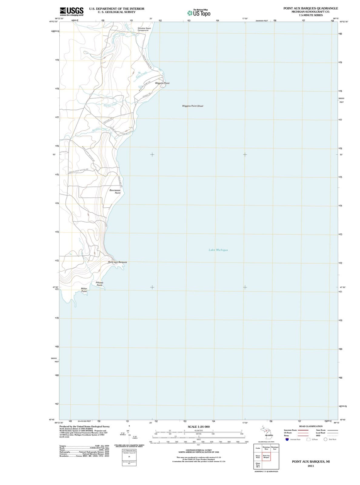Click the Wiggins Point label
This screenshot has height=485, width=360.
[x=162, y=83]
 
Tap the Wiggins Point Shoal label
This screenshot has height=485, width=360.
[x=192, y=106]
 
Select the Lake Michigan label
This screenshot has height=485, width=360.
[x=218, y=250]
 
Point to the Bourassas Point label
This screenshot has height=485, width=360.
[x=115, y=192]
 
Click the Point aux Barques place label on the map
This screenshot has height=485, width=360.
[x=118, y=262]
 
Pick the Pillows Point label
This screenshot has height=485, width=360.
[x=99, y=284]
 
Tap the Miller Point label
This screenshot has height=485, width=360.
[x=84, y=290]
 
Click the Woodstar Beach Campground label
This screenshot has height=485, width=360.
[x=144, y=29]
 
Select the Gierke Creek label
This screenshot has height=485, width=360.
[x=110, y=105]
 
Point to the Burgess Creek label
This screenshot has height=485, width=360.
[x=99, y=129]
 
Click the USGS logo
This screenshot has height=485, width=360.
[x=72, y=11]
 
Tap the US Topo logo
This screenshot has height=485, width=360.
[x=199, y=13]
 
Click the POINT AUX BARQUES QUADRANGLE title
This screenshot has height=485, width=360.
[x=311, y=8]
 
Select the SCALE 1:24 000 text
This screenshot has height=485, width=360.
[x=198, y=427]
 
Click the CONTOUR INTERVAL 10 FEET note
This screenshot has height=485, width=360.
[x=198, y=450]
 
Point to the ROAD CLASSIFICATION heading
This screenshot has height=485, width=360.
[x=311, y=426]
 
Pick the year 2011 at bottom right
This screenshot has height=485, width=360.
[x=311, y=466]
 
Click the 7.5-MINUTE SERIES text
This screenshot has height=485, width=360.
[x=311, y=15]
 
